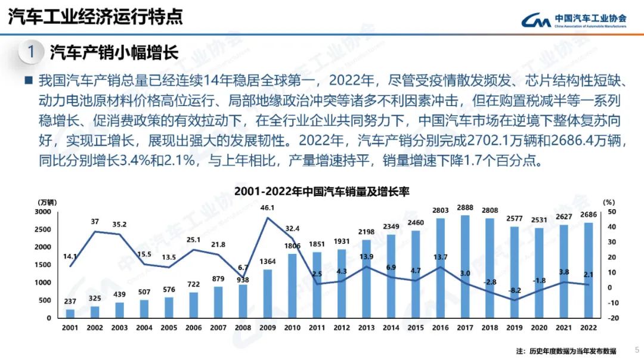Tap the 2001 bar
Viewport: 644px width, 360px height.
tap(70, 313)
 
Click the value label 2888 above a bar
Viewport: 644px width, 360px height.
tap(465, 207)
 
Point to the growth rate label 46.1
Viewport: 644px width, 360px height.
tap(268, 207)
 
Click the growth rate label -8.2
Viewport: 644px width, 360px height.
tap(515, 290)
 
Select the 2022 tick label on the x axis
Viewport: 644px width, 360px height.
tap(588, 327)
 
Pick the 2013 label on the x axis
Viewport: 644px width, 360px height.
tap(366, 327)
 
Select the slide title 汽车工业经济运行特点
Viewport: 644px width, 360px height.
tap(95, 16)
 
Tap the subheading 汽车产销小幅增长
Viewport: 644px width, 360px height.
tap(114, 52)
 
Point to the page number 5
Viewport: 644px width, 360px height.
tap(636, 350)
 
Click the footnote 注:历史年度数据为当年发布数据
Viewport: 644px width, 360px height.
tap(566, 350)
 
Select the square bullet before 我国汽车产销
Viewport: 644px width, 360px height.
tap(28, 80)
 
